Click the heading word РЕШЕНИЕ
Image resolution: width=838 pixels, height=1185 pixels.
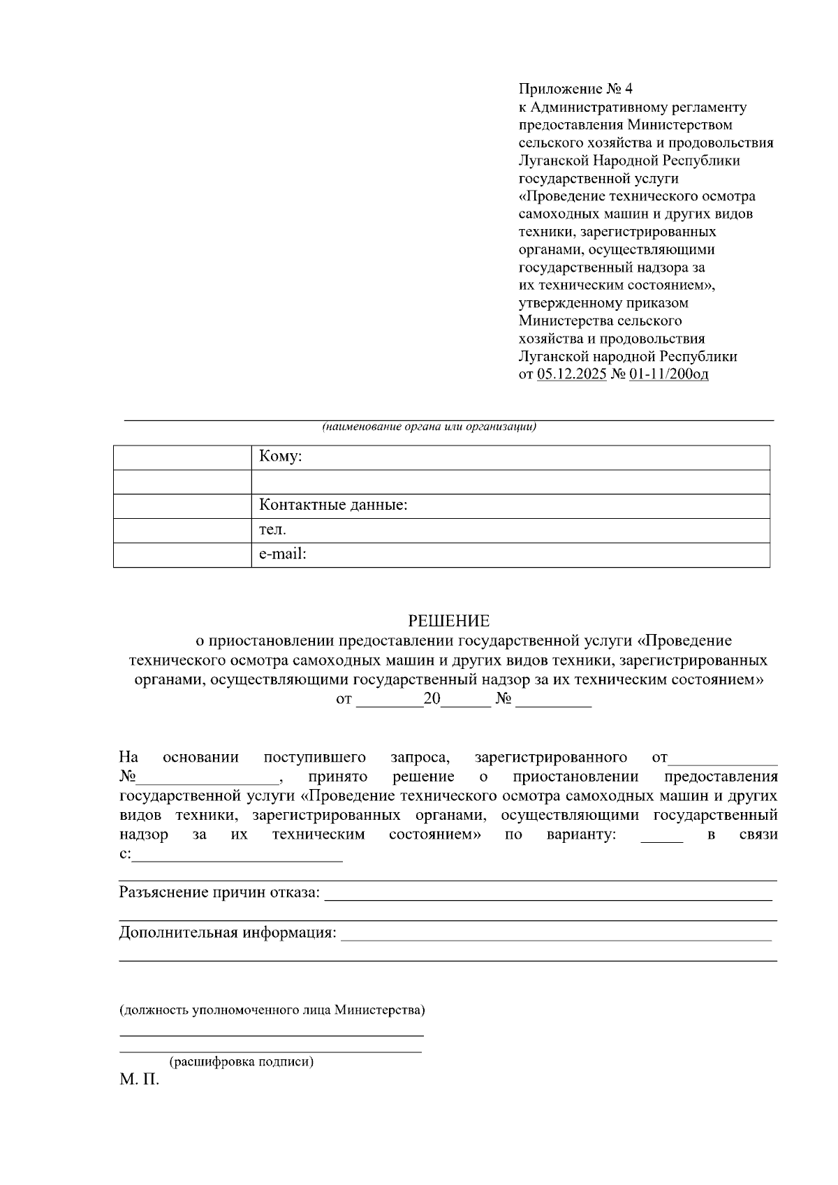tap(448, 621)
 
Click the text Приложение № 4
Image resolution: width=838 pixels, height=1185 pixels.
tap(575, 89)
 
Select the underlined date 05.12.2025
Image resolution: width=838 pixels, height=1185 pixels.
tap(571, 374)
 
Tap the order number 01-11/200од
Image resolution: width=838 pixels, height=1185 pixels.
tap(668, 374)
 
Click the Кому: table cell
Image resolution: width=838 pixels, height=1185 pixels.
tap(510, 457)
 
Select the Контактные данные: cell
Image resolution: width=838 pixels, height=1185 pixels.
tap(510, 505)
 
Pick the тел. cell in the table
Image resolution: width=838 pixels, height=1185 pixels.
tap(510, 529)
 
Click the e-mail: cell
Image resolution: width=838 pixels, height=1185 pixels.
tap(510, 554)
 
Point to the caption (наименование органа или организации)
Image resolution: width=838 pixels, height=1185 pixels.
tap(429, 427)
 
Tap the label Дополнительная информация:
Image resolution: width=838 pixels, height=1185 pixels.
tap(228, 933)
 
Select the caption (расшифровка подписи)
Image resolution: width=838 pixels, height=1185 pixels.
tap(242, 1062)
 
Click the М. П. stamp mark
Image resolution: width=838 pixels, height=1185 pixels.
tap(140, 1081)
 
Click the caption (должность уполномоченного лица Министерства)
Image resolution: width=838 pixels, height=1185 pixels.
tap(272, 1010)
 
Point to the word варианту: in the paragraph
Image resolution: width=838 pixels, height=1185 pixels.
tap(581, 834)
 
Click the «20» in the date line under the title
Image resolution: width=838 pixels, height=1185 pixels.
tap(432, 699)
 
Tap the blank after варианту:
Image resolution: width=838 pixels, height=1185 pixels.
tap(661, 836)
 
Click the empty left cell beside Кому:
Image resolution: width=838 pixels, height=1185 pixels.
tap(182, 457)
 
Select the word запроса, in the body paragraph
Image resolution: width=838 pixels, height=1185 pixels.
tap(420, 758)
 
